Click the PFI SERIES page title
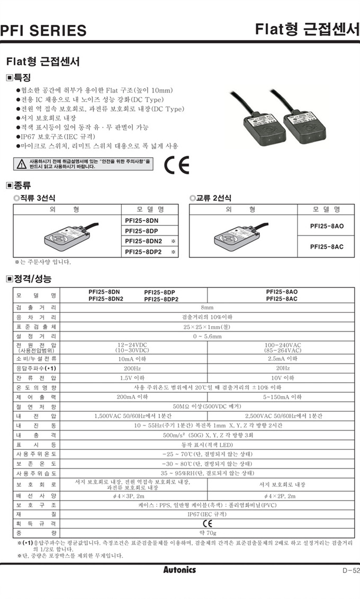43,31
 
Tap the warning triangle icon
21,164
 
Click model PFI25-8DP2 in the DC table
143,252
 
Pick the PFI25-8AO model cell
327,226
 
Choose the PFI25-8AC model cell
327,247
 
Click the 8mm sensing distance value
207,307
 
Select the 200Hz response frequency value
132,368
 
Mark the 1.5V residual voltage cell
132,378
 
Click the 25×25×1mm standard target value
207,327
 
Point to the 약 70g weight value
207,532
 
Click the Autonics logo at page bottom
179,570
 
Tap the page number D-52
348,570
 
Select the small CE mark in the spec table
207,523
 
